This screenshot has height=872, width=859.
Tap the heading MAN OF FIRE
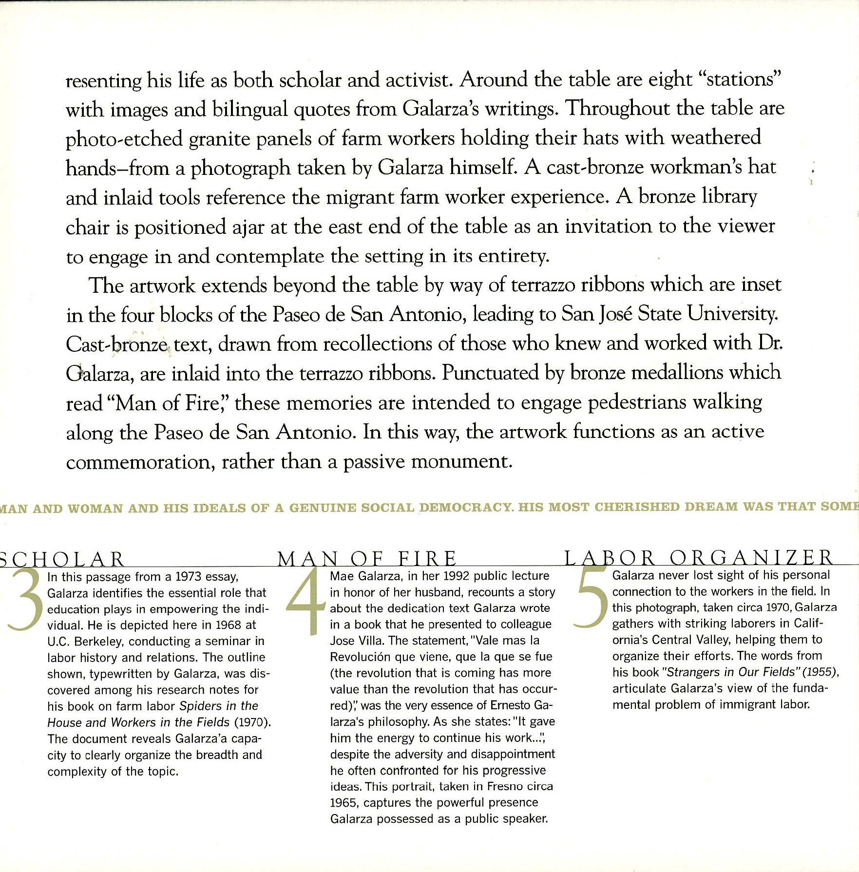[367, 558]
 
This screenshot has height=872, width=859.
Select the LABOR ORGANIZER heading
[699, 557]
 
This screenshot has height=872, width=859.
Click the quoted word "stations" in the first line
[740, 79]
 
